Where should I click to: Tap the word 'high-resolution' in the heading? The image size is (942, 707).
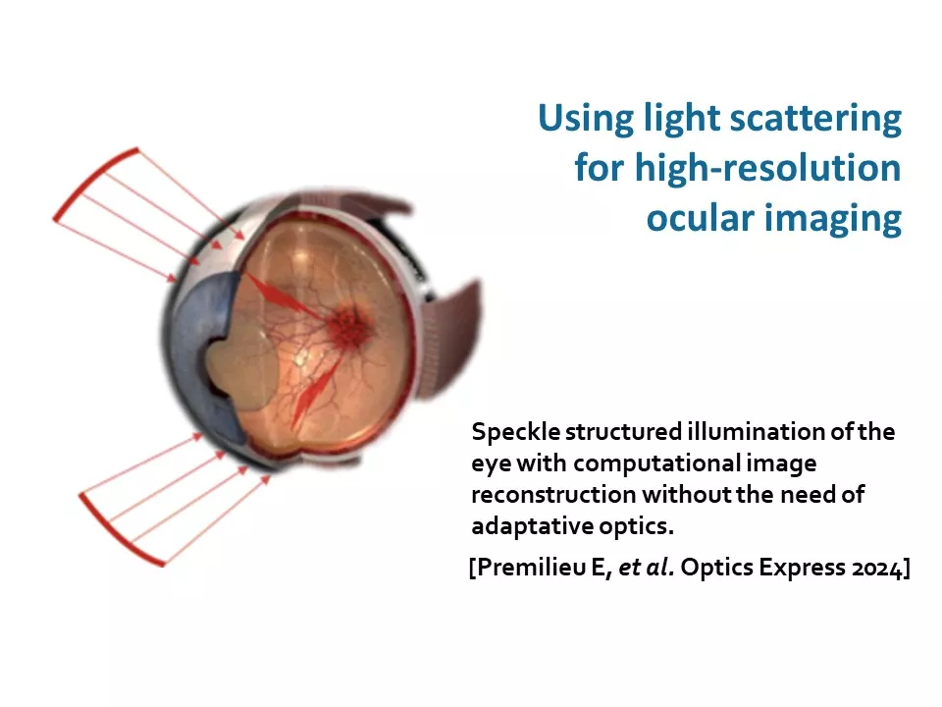tap(767, 168)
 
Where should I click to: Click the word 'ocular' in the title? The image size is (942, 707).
tap(700, 218)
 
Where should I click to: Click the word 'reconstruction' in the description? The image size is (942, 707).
tap(553, 495)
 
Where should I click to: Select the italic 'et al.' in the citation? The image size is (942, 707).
tap(646, 568)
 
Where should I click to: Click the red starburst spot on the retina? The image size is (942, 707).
tap(348, 325)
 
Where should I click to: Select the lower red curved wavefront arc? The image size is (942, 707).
tap(116, 534)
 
